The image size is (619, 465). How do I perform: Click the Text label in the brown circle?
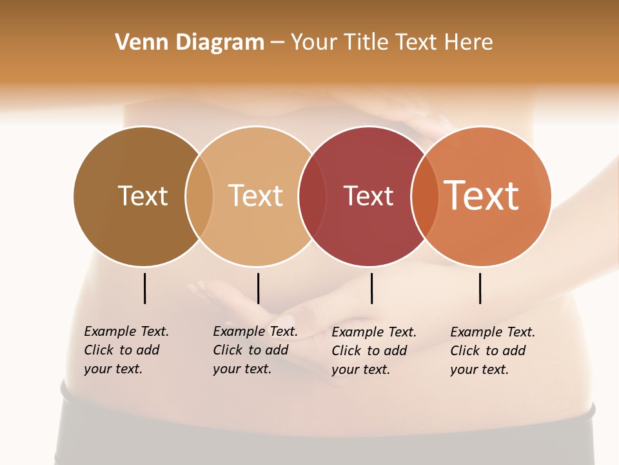click(x=142, y=196)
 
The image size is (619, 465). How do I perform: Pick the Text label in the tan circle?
click(x=256, y=196)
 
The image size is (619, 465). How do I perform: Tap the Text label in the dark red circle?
click(x=368, y=196)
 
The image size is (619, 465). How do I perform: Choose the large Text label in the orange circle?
click(x=481, y=196)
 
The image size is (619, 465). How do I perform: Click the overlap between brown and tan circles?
click(x=199, y=196)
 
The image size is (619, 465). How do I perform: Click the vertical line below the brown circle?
click(x=145, y=288)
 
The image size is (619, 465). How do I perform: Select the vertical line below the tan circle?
click(x=258, y=288)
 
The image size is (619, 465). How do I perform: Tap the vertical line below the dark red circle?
click(x=372, y=288)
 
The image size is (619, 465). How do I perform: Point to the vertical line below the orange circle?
click(x=480, y=288)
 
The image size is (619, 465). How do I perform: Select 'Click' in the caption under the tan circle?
click(x=228, y=350)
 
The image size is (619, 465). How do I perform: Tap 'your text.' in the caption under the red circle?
click(x=360, y=369)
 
